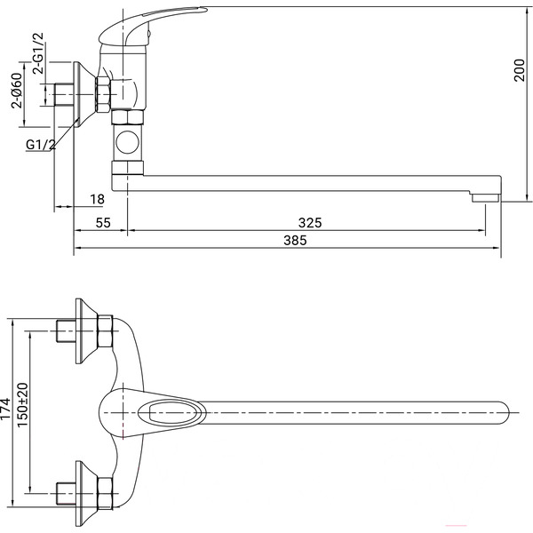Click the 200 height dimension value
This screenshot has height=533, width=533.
click(x=520, y=69)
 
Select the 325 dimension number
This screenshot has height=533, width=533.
click(x=310, y=223)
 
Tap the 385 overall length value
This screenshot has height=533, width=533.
click(x=295, y=240)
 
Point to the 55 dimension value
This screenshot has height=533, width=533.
click(x=103, y=223)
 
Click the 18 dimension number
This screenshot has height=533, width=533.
click(x=97, y=199)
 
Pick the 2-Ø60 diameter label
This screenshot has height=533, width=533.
click(x=17, y=91)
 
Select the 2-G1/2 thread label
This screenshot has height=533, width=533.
click(x=38, y=53)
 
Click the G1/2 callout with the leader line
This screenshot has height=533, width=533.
click(x=41, y=145)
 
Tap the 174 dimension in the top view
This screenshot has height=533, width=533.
click(x=6, y=409)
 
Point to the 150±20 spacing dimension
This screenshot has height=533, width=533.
click(x=22, y=405)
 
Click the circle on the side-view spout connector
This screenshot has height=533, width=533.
click(x=127, y=142)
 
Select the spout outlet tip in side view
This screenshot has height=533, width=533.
click(x=485, y=198)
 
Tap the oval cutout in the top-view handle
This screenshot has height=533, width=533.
click(x=171, y=413)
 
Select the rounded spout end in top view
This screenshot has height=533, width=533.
click(x=503, y=413)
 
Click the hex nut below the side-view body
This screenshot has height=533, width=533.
click(x=127, y=117)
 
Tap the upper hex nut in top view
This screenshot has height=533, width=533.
click(x=105, y=331)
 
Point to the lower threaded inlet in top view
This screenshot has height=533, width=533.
click(x=66, y=494)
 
